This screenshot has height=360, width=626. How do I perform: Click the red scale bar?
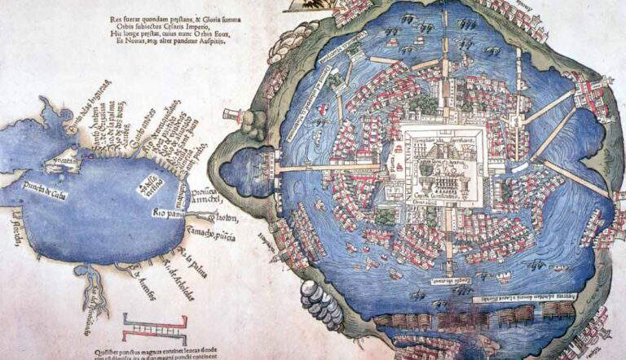pyautogui.click(x=155, y=328)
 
